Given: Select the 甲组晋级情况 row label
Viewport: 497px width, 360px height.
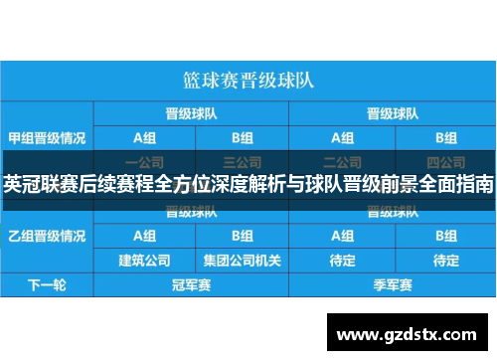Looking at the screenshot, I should [x=47, y=137].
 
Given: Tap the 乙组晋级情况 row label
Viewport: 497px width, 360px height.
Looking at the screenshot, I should [x=47, y=236].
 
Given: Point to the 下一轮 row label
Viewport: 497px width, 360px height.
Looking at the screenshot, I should [x=47, y=285].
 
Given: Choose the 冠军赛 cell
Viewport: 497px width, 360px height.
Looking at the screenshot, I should [x=192, y=285].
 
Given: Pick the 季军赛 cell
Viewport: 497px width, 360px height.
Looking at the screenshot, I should [x=391, y=285].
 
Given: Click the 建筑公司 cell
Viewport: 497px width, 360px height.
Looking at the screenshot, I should [x=144, y=261].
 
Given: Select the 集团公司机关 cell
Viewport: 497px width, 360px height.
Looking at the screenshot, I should [x=242, y=261].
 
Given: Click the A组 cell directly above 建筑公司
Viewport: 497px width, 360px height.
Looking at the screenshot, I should [x=144, y=236].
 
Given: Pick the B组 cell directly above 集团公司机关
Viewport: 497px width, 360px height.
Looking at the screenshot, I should [x=242, y=236].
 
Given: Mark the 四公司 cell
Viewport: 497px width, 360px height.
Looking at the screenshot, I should [x=444, y=160].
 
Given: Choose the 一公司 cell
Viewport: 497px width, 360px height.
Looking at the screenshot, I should [x=144, y=160].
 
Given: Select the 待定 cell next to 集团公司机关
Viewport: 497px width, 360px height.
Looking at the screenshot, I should [x=343, y=261].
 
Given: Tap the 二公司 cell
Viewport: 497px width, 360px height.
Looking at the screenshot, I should [x=343, y=160].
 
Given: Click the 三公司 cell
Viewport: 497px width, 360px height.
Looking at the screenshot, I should [x=242, y=160].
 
